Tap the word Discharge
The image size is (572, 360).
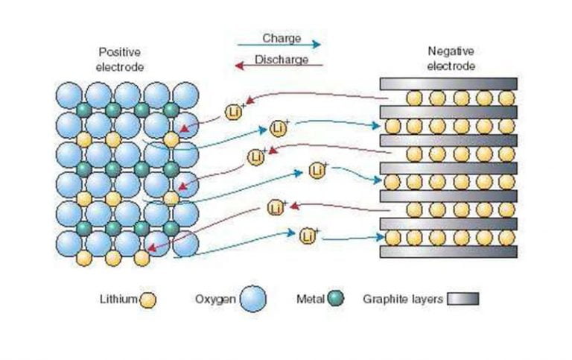[282, 60]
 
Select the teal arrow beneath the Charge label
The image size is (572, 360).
[279, 46]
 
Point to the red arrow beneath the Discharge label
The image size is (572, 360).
[279, 67]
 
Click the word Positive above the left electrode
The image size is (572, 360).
[119, 52]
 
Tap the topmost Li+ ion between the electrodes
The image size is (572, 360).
[234, 113]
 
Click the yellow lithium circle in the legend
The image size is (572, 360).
[147, 300]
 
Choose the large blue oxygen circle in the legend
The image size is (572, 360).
[253, 299]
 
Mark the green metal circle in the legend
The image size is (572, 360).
[336, 300]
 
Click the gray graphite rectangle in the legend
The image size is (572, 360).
[463, 300]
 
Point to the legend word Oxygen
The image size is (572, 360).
[214, 300]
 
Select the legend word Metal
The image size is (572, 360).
[310, 300]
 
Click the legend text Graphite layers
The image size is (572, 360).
[403, 300]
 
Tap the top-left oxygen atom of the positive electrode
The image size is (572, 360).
[70, 95]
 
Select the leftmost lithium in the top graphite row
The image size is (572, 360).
[413, 98]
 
